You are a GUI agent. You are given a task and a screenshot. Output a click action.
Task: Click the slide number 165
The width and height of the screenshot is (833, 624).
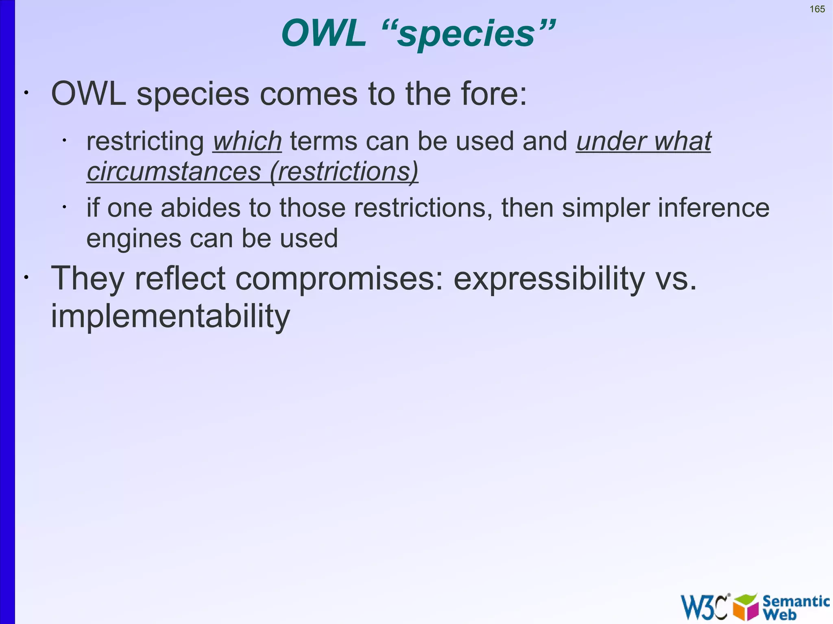817,9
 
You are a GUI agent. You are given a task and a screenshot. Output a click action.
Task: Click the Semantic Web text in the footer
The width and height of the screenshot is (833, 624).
795,607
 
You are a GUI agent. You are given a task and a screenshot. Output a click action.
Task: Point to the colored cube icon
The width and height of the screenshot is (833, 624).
746,607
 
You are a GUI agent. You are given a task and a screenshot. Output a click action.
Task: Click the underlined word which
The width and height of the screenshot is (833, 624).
247,141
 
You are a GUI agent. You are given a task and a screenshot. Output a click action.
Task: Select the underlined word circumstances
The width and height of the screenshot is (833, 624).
174,172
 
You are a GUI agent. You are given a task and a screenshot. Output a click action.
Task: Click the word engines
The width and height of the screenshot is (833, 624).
134,239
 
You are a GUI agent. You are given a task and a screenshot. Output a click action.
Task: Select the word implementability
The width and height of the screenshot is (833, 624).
170,316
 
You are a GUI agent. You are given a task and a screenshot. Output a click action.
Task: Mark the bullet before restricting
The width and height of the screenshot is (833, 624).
64,141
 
